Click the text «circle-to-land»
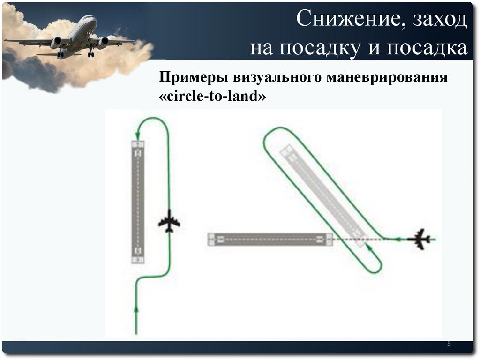click(x=213, y=97)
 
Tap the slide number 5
click(x=449, y=345)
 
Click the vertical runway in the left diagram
click(x=138, y=202)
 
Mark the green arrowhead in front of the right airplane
click(x=397, y=239)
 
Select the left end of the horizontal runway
click(x=212, y=239)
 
